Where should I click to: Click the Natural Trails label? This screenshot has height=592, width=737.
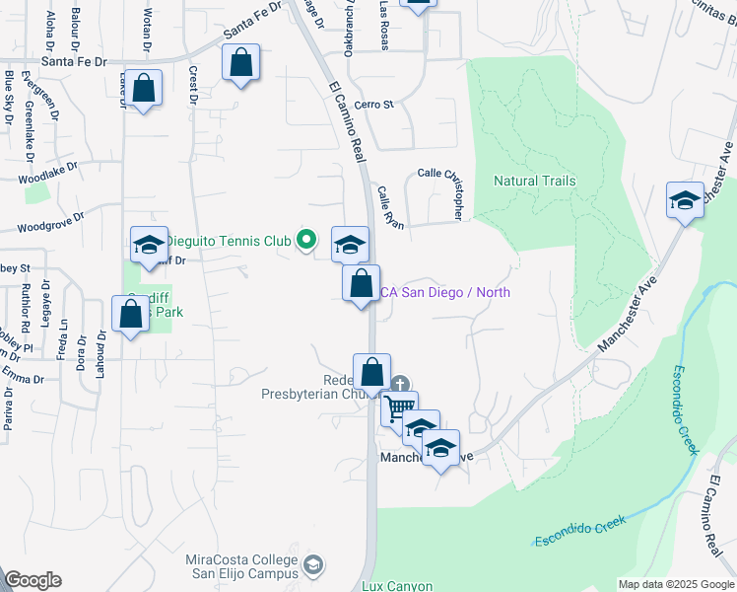(534, 181)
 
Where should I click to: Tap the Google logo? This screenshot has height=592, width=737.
(33, 580)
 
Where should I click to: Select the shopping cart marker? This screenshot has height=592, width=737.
(399, 407)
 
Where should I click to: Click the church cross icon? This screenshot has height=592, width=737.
(399, 384)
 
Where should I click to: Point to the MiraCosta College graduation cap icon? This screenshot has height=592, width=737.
(312, 564)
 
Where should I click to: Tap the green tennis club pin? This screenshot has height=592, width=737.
(306, 239)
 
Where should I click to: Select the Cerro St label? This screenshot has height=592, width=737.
(374, 104)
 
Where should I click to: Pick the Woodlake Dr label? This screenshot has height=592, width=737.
(46, 179)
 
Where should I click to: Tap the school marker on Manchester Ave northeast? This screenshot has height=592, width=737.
(685, 200)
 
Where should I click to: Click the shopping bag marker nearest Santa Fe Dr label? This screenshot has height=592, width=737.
(240, 63)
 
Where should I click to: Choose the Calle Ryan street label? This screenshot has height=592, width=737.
(390, 208)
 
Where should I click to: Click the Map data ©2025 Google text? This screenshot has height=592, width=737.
(676, 584)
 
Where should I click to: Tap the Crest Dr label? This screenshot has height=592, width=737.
(194, 85)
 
